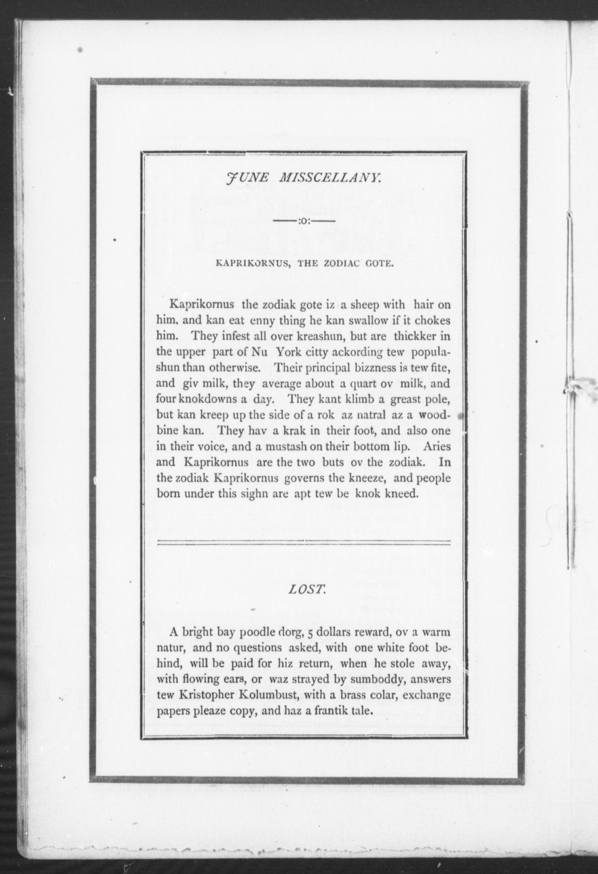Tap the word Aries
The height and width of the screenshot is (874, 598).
(436, 447)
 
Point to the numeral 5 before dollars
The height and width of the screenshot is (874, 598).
(310, 632)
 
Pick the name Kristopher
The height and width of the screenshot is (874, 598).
(208, 695)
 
